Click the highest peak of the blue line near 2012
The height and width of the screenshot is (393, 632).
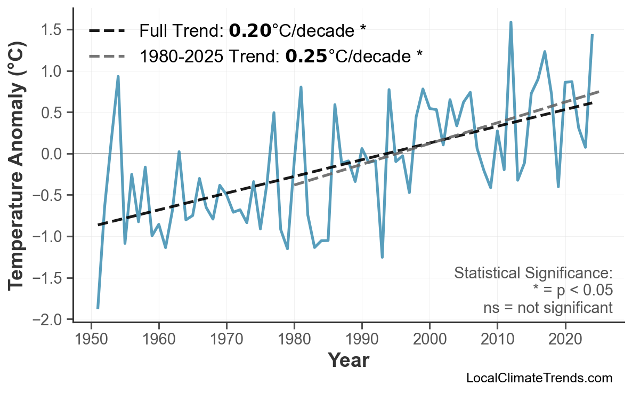coord(511,22)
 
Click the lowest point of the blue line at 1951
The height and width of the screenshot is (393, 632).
coord(98,308)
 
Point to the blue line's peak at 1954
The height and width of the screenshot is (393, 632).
coord(118,77)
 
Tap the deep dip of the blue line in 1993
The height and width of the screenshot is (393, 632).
coord(382,256)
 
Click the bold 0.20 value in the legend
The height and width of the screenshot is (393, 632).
coord(250,31)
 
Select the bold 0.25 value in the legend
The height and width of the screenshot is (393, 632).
coord(306,55)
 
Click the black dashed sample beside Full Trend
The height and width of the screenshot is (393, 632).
coord(107,31)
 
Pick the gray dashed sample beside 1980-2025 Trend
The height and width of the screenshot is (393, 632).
coord(107,55)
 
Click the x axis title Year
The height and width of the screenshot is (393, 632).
coord(348,360)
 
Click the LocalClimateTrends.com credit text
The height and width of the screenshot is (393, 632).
coord(539,378)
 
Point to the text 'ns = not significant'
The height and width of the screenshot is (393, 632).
coord(547,308)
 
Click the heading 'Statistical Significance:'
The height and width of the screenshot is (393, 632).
coord(533,273)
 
